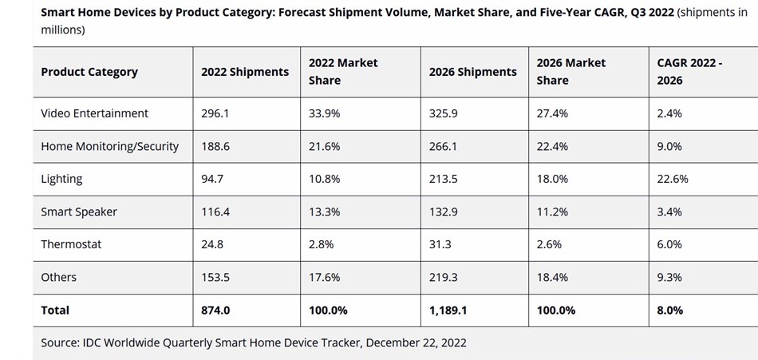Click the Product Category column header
click(x=89, y=72)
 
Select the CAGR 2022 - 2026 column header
click(x=689, y=72)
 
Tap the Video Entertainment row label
click(x=95, y=113)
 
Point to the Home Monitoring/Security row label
click(x=110, y=147)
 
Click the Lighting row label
click(x=61, y=179)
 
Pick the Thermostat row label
click(x=71, y=244)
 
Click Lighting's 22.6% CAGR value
click(x=673, y=179)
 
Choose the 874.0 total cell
click(x=216, y=310)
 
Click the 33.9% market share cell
click(x=325, y=113)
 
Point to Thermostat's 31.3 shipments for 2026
click(x=440, y=244)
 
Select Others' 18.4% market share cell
click(x=553, y=277)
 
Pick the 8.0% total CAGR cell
click(x=670, y=310)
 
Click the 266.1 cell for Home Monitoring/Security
click(x=444, y=147)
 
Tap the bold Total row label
click(x=55, y=310)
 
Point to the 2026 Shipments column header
click(x=473, y=72)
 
